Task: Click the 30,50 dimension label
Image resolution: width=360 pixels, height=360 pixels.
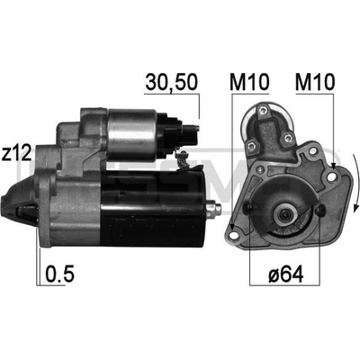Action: click(x=171, y=82)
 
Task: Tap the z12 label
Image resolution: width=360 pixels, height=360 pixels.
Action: click(x=16, y=154)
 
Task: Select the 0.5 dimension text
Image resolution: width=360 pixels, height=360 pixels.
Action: click(x=59, y=274)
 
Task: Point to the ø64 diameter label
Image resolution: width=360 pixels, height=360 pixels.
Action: click(x=286, y=274)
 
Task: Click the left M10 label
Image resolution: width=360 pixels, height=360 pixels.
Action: click(x=249, y=82)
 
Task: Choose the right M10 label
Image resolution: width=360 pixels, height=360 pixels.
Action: click(x=315, y=82)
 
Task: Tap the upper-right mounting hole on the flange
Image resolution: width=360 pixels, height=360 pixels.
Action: click(x=331, y=177)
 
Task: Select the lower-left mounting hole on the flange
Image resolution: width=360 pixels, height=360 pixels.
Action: click(x=234, y=235)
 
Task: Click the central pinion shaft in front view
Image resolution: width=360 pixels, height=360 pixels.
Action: click(x=284, y=214)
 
